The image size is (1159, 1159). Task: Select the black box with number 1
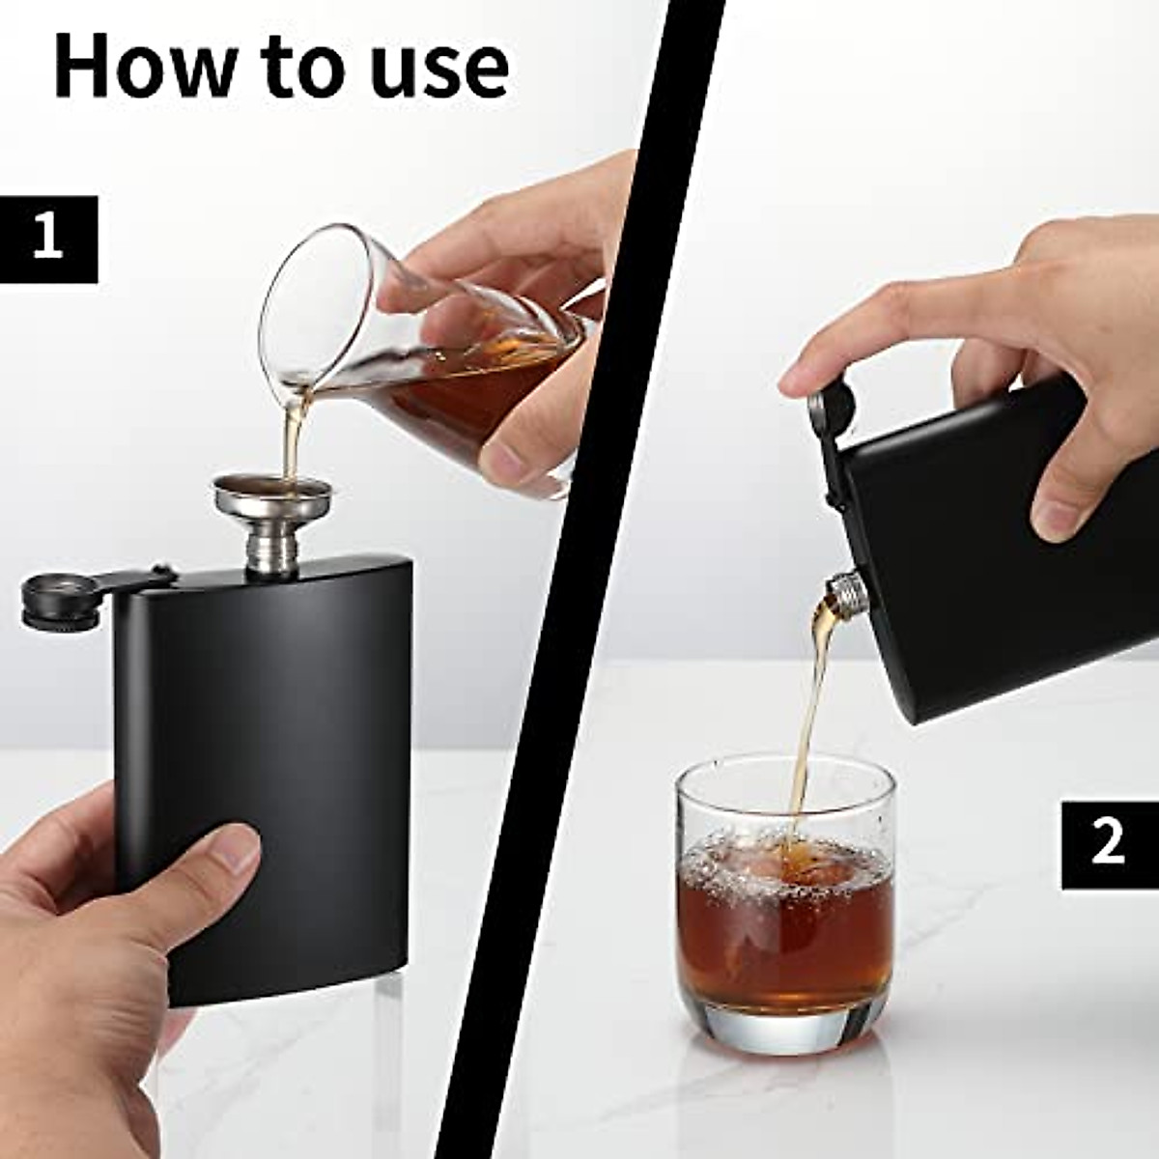point(48,239)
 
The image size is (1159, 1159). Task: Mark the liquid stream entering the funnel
point(291,435)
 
